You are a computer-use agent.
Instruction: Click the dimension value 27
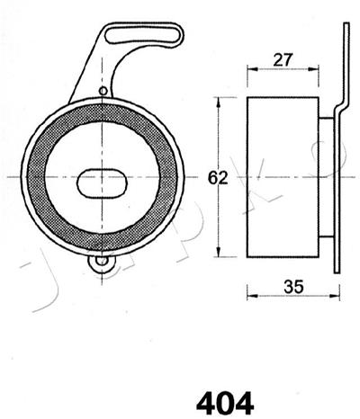tap(283, 59)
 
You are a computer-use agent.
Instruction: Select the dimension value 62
tap(218, 178)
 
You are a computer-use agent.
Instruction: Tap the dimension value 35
tap(293, 287)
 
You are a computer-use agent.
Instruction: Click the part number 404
tap(225, 404)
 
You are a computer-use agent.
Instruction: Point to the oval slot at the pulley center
tap(103, 183)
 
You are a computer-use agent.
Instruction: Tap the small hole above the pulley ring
tap(103, 91)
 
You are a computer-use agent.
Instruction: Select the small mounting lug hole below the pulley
tap(103, 261)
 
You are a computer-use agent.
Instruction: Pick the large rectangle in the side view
tap(283, 177)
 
